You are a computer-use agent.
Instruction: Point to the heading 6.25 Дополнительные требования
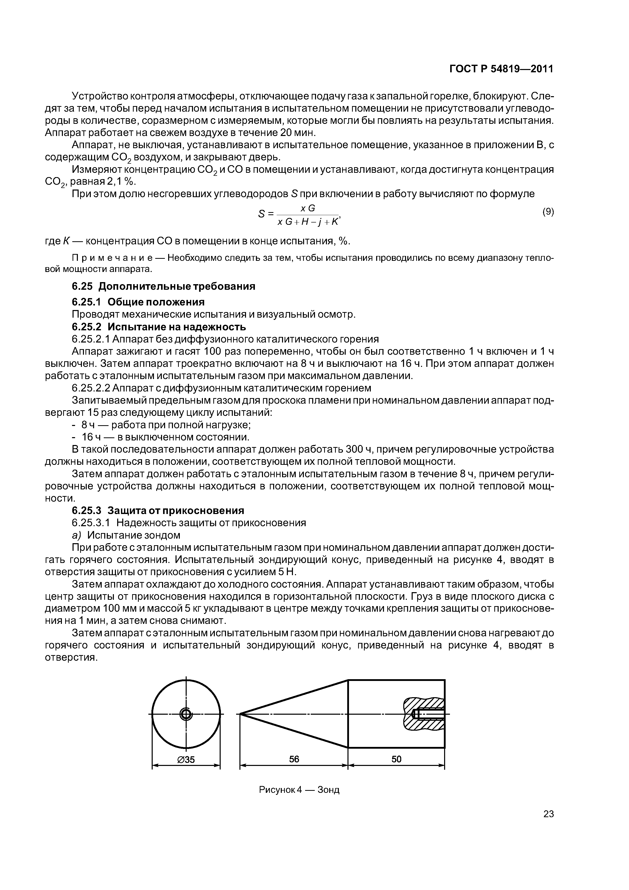click(x=164, y=286)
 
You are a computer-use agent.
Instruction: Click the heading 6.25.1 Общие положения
click(x=138, y=302)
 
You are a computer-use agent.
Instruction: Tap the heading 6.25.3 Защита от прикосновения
click(x=158, y=510)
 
